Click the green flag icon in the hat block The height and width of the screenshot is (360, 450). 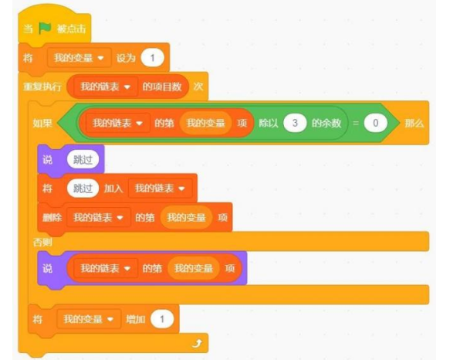pos(45,28)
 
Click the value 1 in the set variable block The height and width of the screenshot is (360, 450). pos(152,58)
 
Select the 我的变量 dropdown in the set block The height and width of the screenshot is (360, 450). pos(80,58)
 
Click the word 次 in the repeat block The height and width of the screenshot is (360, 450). pos(198,87)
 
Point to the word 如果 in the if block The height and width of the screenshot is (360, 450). pos(42,124)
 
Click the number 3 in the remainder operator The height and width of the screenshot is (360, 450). pos(295,123)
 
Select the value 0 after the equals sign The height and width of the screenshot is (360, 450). pos(375,123)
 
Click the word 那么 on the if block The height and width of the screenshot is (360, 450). pos(414,124)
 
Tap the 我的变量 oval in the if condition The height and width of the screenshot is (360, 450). pos(205,123)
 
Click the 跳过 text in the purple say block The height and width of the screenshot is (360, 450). pos(83,159)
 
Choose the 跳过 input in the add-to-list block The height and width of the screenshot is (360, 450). pos(83,188)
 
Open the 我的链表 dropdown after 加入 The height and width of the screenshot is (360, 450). pos(160,188)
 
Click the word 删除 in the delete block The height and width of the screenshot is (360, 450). pos(52,218)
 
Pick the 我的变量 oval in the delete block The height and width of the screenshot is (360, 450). pos(186,217)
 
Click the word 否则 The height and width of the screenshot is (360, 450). pos(42,243)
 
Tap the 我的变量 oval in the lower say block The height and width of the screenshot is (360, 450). pos(194,268)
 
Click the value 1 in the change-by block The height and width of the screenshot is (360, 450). pos(162,319)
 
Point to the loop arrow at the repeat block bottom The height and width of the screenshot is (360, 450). pos(197,343)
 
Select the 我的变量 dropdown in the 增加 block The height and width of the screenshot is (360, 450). pos(89,319)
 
